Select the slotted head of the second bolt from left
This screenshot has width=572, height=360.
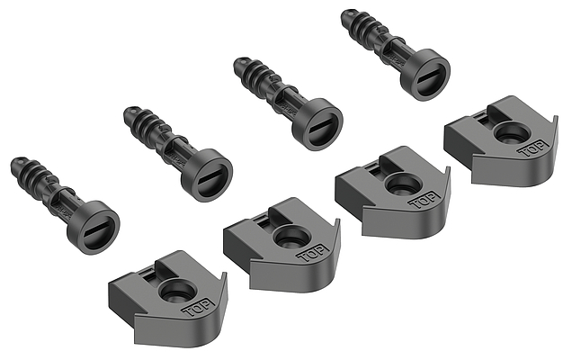coord(207,175)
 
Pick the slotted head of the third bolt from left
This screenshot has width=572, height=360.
coord(317,124)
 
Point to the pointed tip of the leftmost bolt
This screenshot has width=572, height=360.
coord(14,163)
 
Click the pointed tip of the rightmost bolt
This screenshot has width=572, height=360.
coord(345,15)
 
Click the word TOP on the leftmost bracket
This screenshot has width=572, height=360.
coord(199,308)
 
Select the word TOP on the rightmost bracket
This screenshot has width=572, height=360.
coord(534,148)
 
